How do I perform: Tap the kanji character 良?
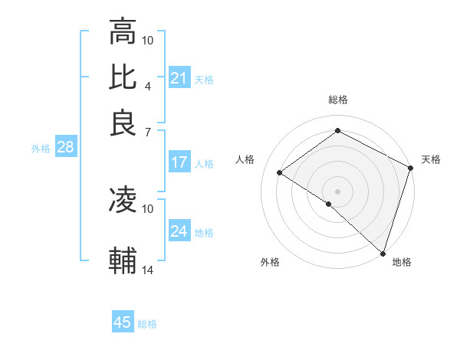coord(123,123)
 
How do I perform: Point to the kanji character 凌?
coord(123,200)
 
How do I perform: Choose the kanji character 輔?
coord(123,260)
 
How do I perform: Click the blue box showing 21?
coord(179,78)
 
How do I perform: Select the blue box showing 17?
coord(179,162)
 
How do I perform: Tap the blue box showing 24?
coord(179,231)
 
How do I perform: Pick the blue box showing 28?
coord(65,148)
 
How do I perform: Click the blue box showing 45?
coord(123,322)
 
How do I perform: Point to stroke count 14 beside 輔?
coord(148,270)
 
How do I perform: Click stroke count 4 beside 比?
coord(147,86)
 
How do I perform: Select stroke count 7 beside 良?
coord(147,132)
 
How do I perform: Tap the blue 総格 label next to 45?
coord(147,324)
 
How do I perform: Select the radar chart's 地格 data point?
coord(383,252)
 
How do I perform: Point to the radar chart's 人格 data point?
coord(280,173)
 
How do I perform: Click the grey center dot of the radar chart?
coord(337,190)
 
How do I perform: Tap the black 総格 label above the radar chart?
coord(338,100)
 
